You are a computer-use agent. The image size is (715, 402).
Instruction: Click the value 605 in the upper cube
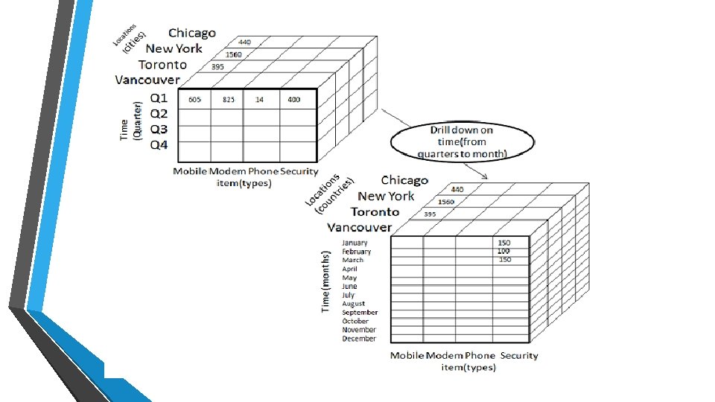(x=194, y=100)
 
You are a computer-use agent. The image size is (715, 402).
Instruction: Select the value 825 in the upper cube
(x=229, y=100)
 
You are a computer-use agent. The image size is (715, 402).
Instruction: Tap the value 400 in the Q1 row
(x=294, y=100)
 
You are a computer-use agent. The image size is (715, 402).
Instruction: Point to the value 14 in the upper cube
(x=258, y=100)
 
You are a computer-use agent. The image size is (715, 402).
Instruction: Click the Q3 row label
(x=159, y=129)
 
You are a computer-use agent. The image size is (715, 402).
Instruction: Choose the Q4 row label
(x=159, y=144)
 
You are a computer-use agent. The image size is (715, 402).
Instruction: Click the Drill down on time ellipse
(x=462, y=141)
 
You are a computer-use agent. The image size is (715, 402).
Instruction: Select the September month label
(x=360, y=313)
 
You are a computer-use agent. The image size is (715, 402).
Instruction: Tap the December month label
(x=359, y=339)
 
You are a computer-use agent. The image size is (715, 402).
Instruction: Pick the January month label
(x=355, y=243)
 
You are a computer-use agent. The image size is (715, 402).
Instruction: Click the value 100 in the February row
(x=504, y=252)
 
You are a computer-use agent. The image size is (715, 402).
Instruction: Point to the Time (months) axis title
(x=325, y=281)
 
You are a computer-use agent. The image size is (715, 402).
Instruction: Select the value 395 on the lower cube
(x=430, y=214)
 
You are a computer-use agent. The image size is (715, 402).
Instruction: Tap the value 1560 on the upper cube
(x=233, y=54)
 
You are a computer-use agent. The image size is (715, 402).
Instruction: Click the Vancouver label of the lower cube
(x=360, y=227)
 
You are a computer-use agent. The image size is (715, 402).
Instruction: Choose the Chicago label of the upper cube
(x=192, y=33)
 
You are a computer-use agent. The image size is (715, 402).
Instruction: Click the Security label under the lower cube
(x=519, y=355)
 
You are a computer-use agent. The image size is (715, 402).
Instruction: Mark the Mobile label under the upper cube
(x=190, y=171)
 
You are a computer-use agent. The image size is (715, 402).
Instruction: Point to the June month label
(x=349, y=287)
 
